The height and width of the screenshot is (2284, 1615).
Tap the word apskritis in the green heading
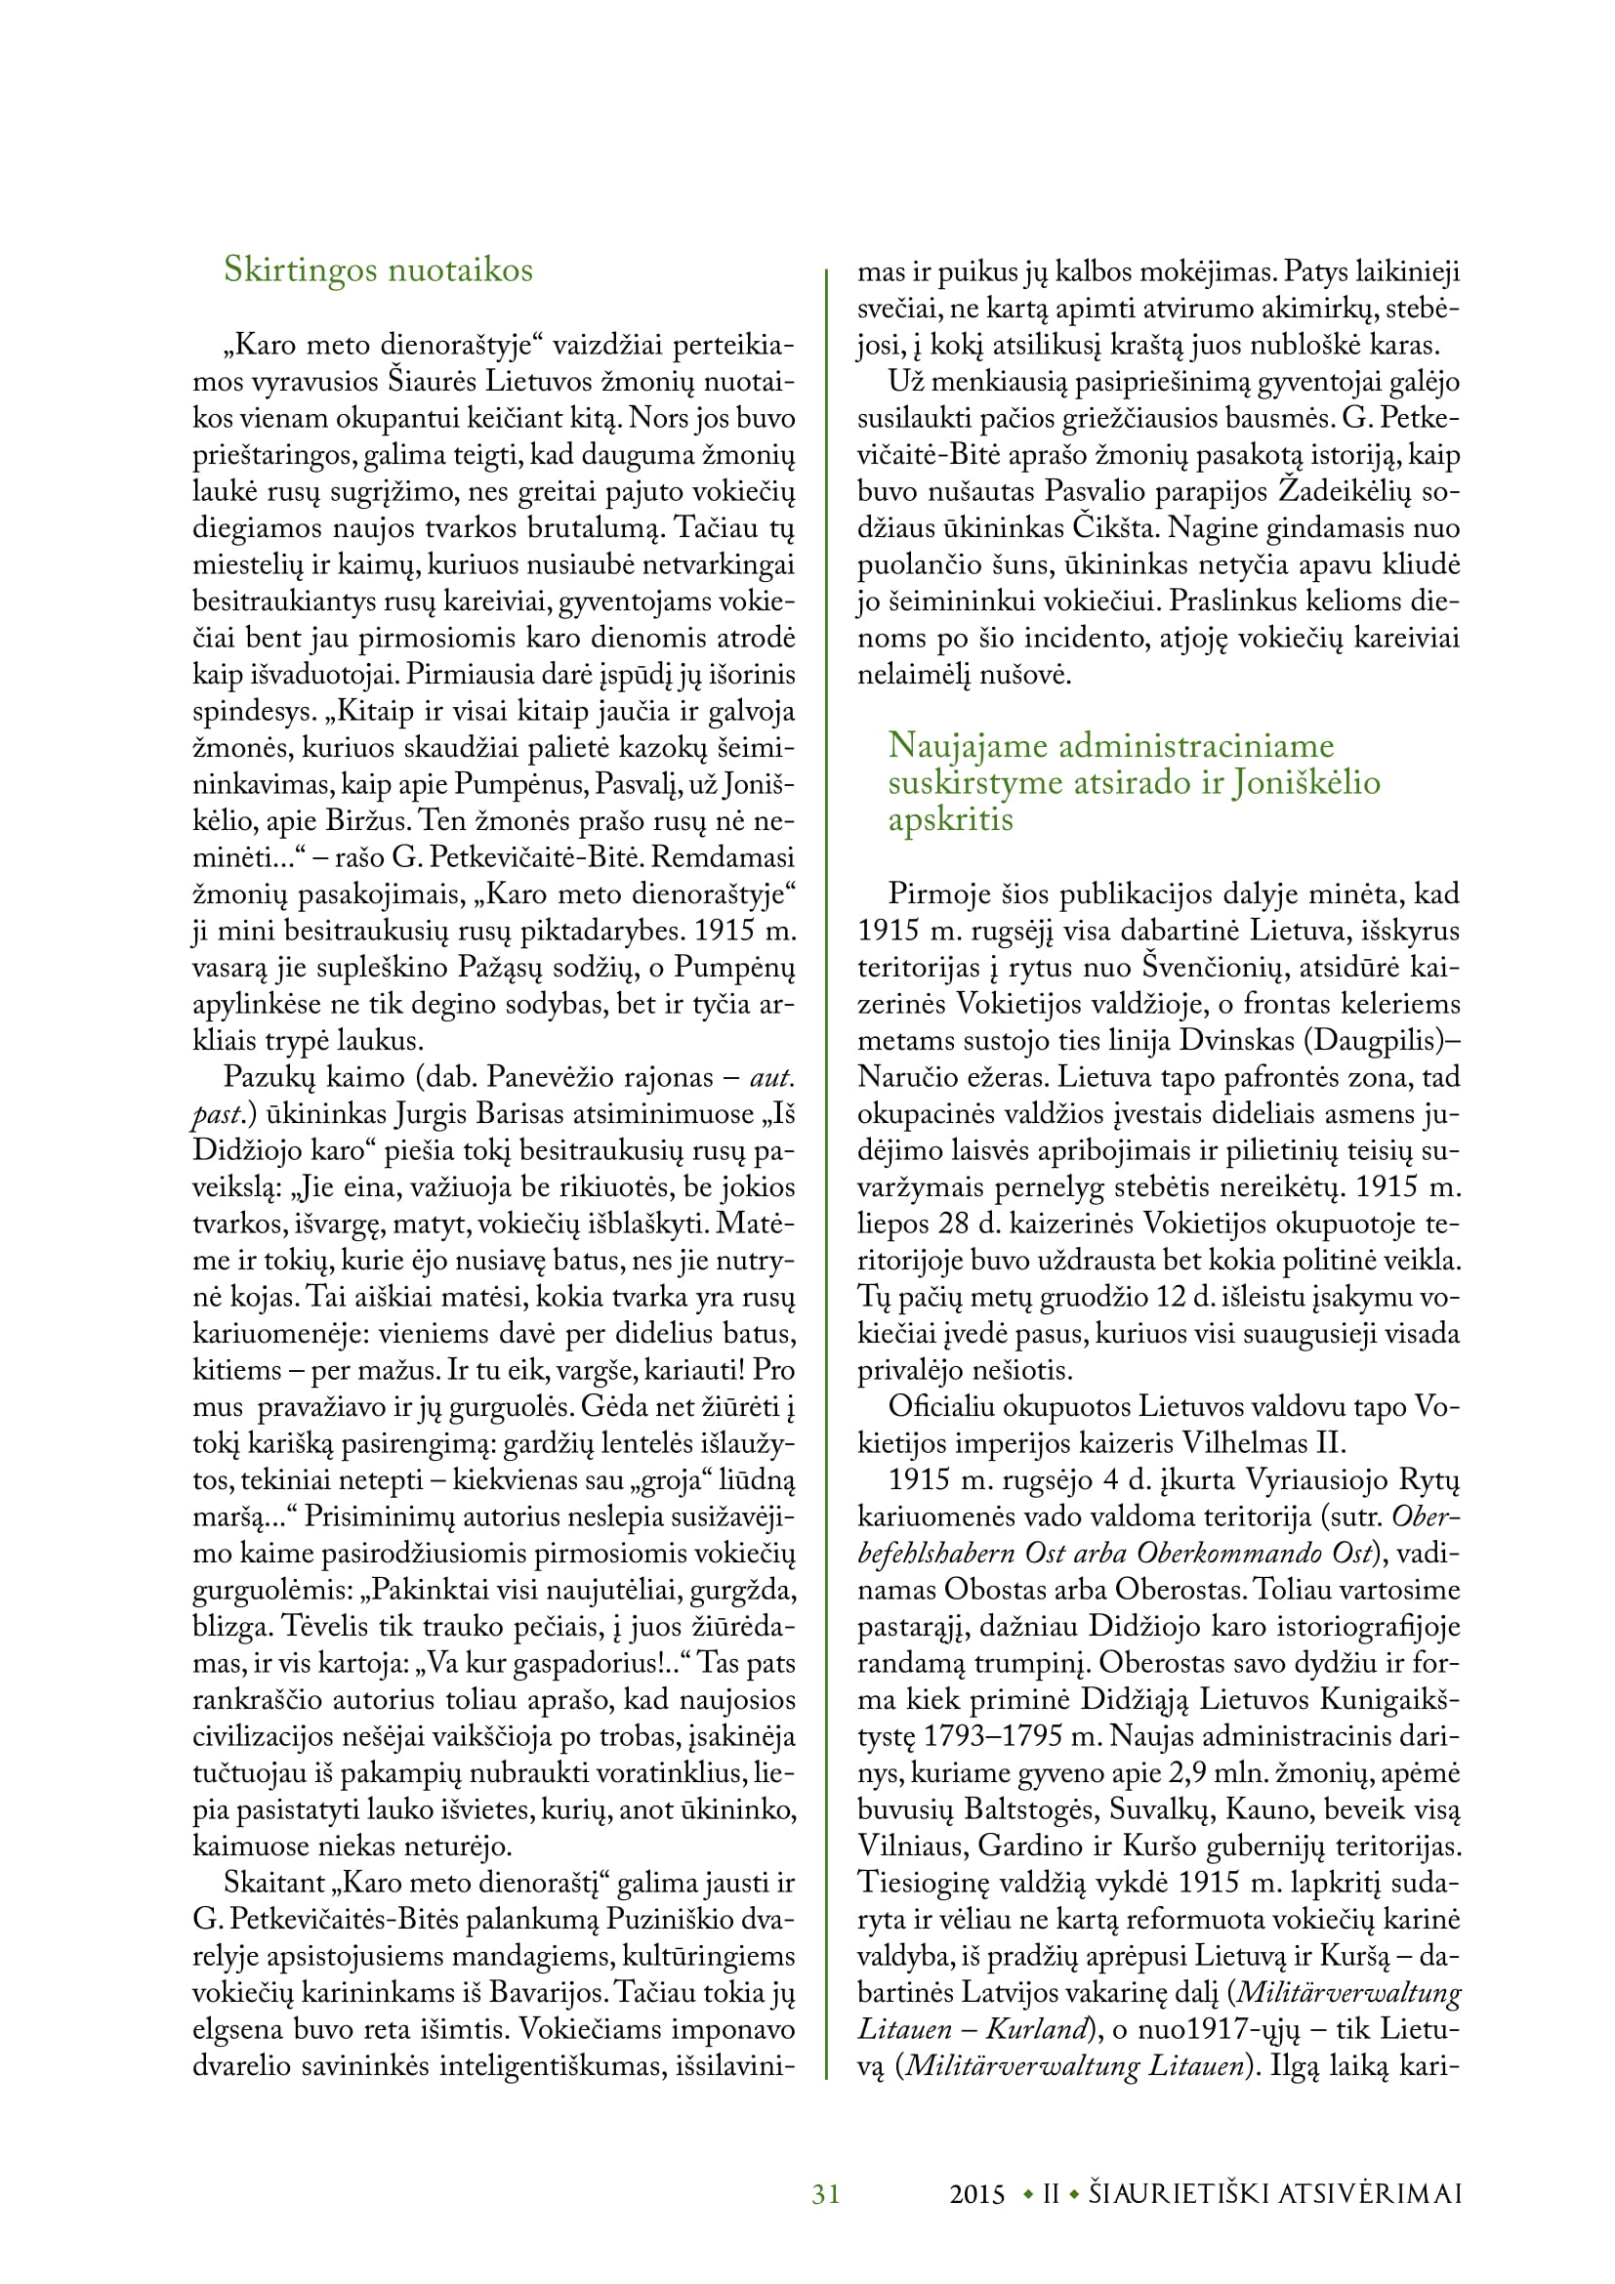tap(951, 819)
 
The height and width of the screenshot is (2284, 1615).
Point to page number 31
tap(826, 2194)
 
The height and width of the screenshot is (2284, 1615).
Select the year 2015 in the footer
tap(977, 2194)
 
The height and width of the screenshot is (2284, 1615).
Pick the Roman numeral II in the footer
tap(1052, 2194)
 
